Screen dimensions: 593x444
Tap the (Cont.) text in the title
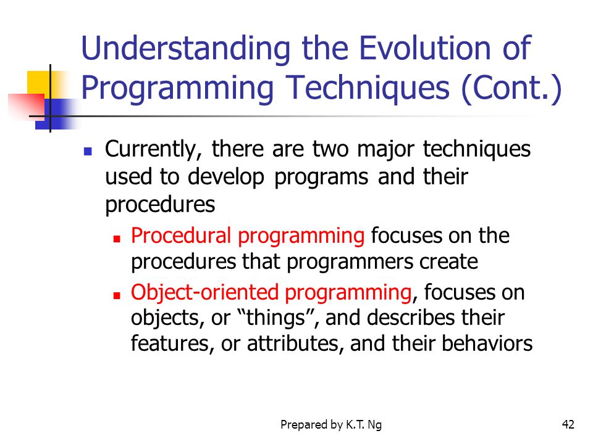coord(511,88)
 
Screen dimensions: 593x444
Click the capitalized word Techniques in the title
coord(368,89)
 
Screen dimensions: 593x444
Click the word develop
coord(226,178)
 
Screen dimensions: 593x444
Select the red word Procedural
coord(181,235)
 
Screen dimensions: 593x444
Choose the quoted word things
coord(275,318)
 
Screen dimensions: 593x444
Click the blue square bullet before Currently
coord(88,152)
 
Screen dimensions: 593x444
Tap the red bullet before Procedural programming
coord(117,239)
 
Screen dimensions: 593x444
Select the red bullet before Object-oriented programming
coord(117,295)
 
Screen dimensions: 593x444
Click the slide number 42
coord(568,425)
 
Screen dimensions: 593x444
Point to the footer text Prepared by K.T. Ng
coord(331,425)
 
